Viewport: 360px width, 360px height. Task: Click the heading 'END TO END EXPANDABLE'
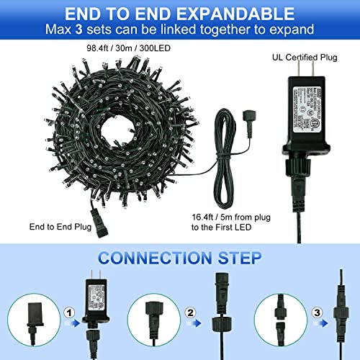coord(179,14)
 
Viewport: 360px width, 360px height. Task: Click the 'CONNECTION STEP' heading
coord(179,257)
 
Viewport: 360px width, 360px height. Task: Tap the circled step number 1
coord(69,312)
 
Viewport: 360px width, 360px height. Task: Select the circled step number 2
coord(189,312)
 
